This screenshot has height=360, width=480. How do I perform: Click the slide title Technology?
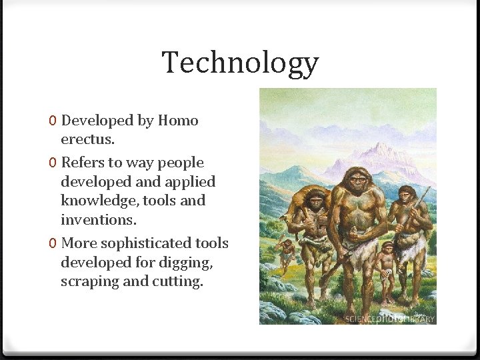point(240,63)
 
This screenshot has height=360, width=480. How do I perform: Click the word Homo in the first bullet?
point(178,121)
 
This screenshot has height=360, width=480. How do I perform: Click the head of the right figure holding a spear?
point(405,195)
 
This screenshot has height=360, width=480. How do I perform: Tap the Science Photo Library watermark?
point(390,319)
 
